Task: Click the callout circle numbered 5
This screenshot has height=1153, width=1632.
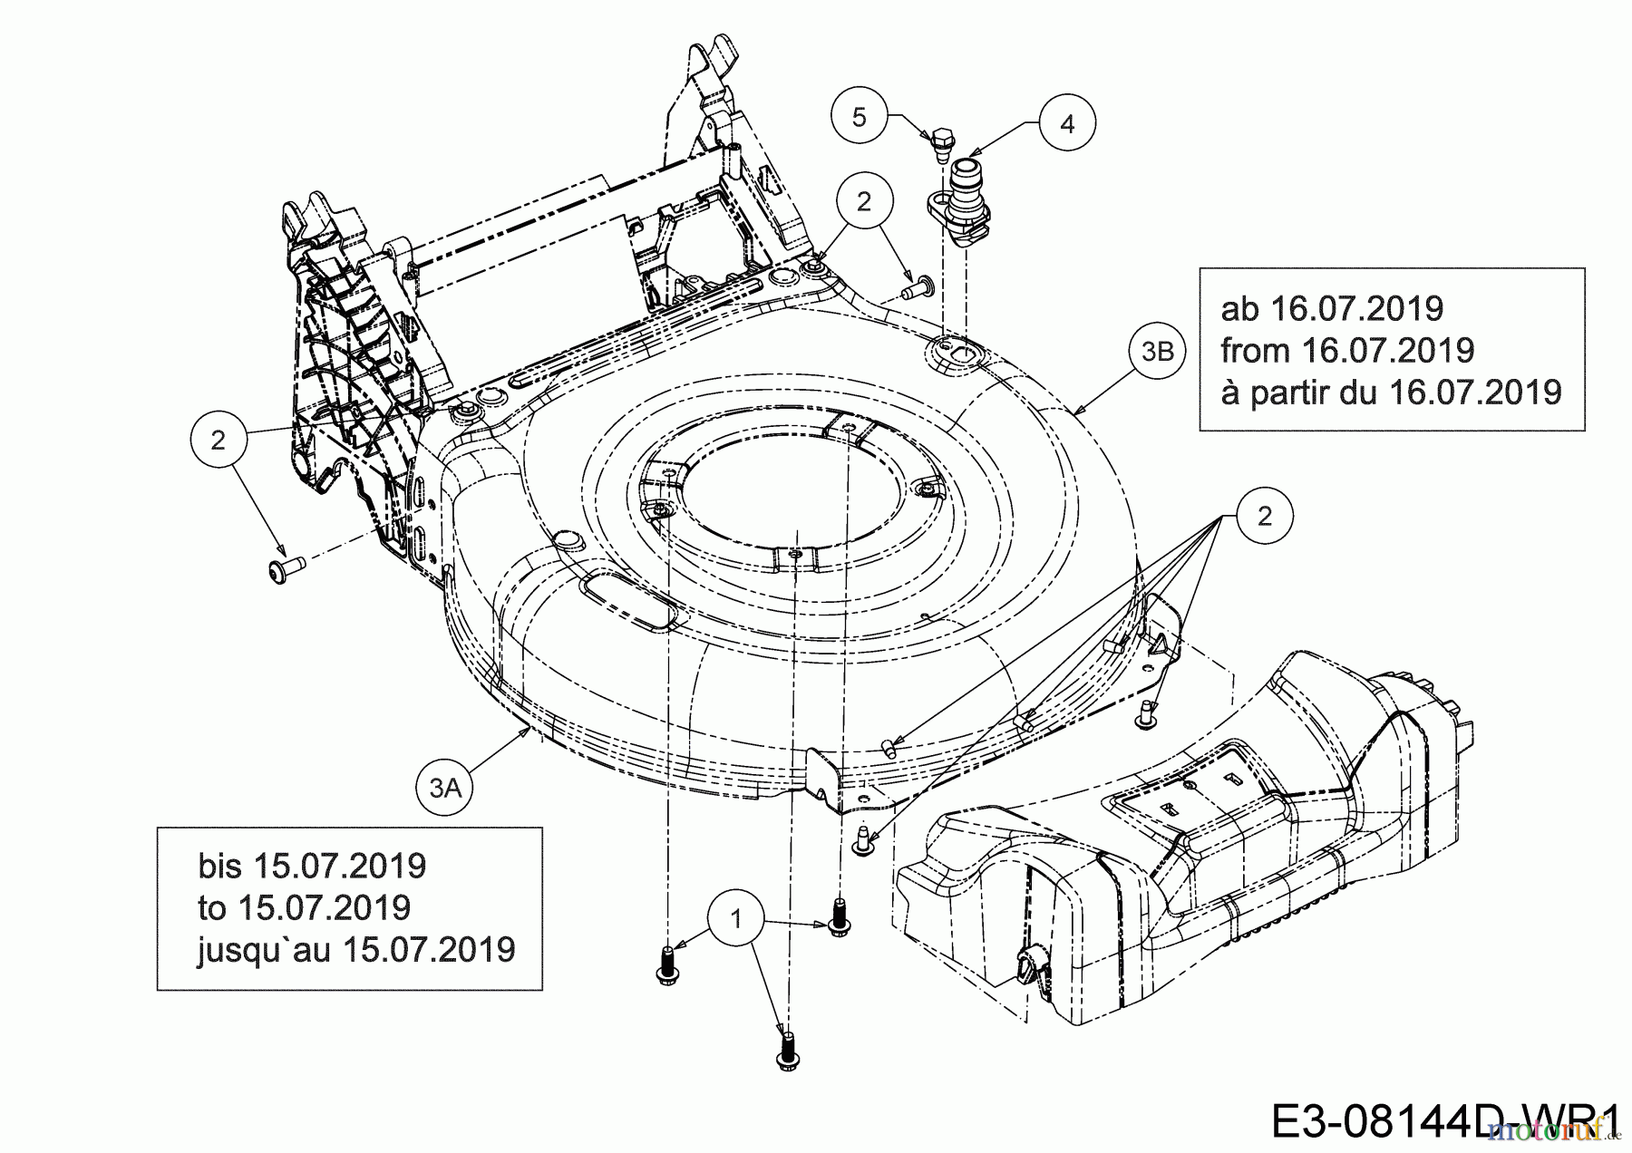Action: [860, 117]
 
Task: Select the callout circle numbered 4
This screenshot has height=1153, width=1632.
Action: [1067, 123]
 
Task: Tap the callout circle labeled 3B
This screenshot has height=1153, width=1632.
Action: [1158, 351]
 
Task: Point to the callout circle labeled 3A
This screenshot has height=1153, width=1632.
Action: [445, 788]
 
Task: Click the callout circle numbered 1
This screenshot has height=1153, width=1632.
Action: [736, 919]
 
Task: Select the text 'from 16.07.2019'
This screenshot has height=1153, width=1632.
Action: [1347, 350]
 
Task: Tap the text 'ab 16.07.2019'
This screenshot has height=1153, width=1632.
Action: [1332, 308]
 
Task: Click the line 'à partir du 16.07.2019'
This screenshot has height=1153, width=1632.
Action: [1391, 392]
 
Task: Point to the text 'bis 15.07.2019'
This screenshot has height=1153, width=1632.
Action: [312, 866]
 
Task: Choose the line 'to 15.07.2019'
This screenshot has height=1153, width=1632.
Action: [304, 907]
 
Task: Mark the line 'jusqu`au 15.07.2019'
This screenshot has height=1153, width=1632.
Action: [356, 949]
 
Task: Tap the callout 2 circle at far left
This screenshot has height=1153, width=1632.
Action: [218, 440]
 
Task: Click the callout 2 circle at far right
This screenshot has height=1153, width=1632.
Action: [1264, 516]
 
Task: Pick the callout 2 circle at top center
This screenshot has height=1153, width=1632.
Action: [863, 201]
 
